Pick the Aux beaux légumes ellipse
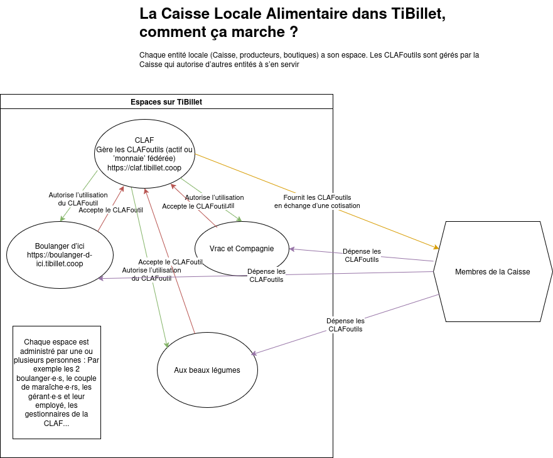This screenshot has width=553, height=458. pos(207,370)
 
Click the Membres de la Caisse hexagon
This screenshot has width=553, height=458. pos(492,271)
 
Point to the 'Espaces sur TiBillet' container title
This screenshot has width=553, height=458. pos(166,102)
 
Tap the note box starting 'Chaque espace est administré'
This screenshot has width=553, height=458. pos(56,382)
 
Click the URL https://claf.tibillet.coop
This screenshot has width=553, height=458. pos(144,168)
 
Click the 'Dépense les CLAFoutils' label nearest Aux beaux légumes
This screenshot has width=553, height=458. pos(345,325)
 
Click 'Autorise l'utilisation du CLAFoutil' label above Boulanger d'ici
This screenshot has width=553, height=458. pos(73,199)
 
